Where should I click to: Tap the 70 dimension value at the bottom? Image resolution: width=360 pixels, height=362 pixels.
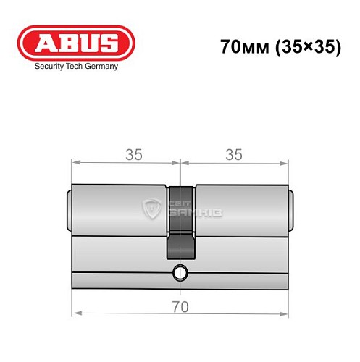(180, 306)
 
